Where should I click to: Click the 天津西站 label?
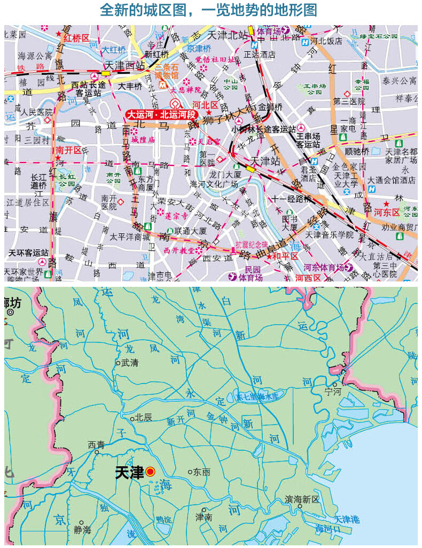(x=125, y=65)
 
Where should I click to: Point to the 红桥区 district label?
(x=76, y=38)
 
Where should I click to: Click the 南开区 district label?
(x=68, y=151)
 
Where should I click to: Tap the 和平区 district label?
(x=285, y=256)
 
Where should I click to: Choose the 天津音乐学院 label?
(x=330, y=234)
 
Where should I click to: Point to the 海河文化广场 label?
(x=213, y=184)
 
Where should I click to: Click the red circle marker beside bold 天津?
(x=150, y=472)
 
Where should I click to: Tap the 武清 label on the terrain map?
(x=130, y=362)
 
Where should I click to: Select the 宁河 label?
(x=332, y=391)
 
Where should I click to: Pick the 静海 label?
(x=82, y=530)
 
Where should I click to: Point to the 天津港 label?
(x=347, y=519)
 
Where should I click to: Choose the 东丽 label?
(x=202, y=472)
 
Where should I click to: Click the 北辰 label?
(x=143, y=418)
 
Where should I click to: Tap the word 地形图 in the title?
(x=294, y=10)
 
